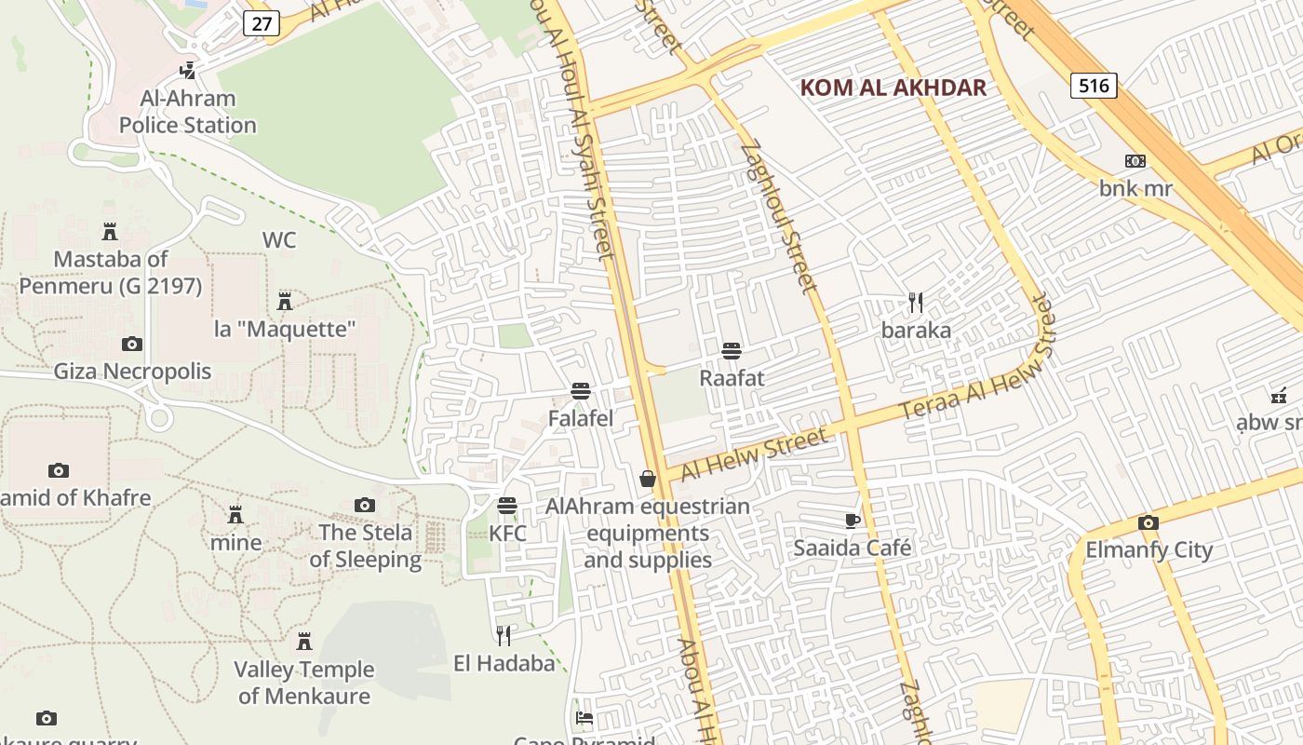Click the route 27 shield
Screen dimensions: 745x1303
point(262,23)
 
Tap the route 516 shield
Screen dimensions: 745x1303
point(1094,86)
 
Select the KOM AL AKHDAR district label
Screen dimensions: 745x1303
point(893,88)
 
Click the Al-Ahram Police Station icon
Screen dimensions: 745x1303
point(188,70)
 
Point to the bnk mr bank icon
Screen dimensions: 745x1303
point(1135,161)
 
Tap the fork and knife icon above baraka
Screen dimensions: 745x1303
point(916,303)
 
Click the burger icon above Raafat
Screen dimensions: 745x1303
point(732,351)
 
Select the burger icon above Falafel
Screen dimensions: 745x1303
point(581,391)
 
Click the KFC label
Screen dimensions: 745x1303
point(507,534)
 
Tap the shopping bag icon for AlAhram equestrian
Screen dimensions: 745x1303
point(648,479)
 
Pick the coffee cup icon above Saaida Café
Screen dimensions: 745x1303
point(852,521)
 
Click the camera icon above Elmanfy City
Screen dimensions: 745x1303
point(1149,522)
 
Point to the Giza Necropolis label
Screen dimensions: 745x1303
point(132,372)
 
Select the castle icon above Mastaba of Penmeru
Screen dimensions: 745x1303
point(110,231)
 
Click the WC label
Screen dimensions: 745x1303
point(278,240)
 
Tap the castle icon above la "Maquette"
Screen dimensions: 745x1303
point(285,302)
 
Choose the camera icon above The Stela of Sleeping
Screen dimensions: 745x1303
point(365,505)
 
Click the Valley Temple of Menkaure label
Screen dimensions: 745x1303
point(303,683)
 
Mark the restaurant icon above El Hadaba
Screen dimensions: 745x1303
point(504,636)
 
